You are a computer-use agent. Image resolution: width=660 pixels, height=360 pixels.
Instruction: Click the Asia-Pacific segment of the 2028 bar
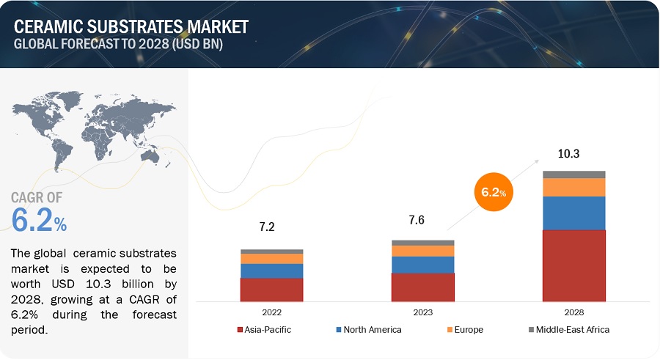pos(573,265)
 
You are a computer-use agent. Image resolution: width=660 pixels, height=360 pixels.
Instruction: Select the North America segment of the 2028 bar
pos(573,213)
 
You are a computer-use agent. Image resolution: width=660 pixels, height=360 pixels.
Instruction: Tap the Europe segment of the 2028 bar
pos(573,188)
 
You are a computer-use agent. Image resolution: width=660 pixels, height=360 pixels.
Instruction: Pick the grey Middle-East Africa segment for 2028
pos(573,175)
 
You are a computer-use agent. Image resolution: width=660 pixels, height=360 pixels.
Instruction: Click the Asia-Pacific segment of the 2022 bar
pos(271,290)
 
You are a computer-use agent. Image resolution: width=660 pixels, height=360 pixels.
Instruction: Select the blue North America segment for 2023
pos(422,265)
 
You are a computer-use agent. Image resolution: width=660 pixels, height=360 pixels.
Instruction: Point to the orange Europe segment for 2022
pos(271,259)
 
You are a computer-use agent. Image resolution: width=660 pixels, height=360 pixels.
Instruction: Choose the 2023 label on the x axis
pos(422,312)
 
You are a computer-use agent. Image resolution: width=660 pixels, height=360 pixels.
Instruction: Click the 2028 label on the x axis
pos(573,312)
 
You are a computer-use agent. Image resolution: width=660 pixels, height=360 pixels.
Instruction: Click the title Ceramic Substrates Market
pos(131,26)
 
